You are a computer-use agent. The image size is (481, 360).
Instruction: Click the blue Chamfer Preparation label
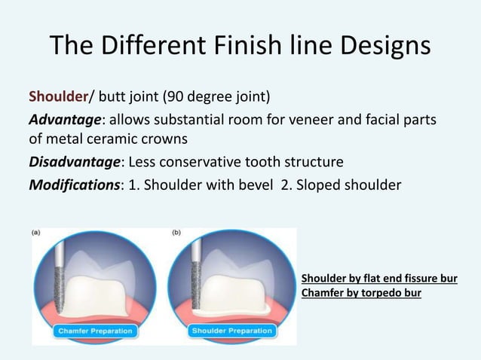tap(96, 331)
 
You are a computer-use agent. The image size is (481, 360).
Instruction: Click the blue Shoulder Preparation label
tap(234, 331)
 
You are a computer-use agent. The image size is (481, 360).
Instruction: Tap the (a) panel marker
tap(36, 233)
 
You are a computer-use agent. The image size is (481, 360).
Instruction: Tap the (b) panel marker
tap(176, 233)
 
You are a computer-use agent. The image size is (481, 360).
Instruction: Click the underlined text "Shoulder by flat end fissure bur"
tap(378, 278)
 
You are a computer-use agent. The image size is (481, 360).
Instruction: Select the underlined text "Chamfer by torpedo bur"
tap(360, 291)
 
